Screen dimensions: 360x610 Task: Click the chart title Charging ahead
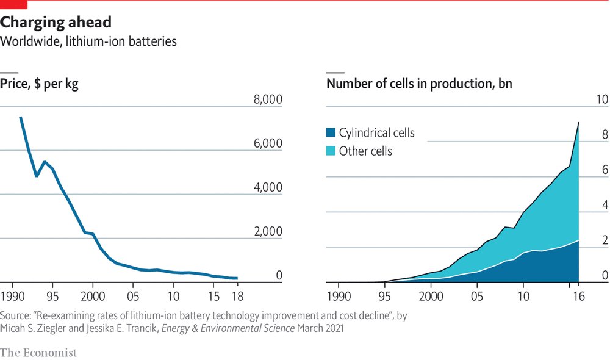tap(56, 23)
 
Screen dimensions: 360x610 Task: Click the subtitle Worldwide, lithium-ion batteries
tap(89, 41)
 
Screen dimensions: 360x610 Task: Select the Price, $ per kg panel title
tap(40, 84)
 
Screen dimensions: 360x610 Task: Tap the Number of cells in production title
tap(419, 84)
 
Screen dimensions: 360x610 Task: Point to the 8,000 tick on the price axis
tap(267, 99)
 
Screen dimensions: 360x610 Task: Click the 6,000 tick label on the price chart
tap(267, 143)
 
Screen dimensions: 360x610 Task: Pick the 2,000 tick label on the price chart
tap(267, 231)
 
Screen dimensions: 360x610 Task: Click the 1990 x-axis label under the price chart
tap(13, 297)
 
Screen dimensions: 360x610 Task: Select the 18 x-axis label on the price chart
tap(237, 297)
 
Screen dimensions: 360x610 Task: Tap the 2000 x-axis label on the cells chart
tap(430, 297)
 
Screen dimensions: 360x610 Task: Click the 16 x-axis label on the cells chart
tap(578, 297)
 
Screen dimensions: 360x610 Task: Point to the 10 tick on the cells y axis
tap(601, 99)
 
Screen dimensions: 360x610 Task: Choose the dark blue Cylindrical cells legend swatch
tap(331, 132)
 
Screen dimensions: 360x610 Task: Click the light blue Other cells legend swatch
tap(331, 151)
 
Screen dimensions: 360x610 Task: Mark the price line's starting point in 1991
tap(21, 117)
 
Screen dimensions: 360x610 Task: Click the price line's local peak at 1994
tap(45, 162)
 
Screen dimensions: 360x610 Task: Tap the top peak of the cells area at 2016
tap(578, 123)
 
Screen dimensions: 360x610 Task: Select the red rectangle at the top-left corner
tap(14, 4)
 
